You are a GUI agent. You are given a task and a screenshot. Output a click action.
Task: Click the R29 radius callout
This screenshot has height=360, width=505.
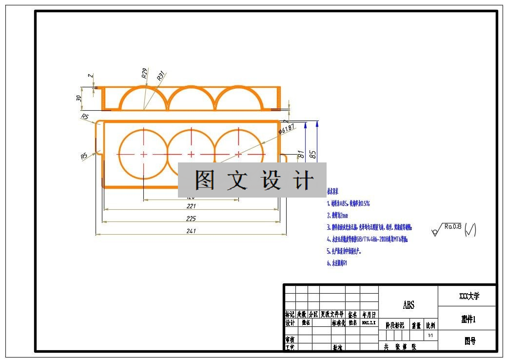145,73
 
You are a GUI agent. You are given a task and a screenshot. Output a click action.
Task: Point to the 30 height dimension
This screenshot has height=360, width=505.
79,98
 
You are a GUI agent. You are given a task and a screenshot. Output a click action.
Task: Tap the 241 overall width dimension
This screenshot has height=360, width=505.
191,231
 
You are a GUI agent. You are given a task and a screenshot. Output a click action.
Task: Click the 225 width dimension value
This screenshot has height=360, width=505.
191,219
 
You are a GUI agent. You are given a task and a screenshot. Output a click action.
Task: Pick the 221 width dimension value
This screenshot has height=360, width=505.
191,206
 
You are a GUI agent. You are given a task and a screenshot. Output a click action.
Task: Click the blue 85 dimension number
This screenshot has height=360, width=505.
313,155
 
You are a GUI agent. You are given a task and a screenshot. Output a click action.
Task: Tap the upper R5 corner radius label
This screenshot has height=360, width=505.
85,117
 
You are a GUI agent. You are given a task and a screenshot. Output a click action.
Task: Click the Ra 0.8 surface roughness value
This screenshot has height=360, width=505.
453,226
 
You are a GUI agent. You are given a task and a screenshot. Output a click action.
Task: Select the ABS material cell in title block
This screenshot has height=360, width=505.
408,305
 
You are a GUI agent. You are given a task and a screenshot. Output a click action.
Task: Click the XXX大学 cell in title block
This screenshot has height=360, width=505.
469,296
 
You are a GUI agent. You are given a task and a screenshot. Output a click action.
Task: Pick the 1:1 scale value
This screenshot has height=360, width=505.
430,336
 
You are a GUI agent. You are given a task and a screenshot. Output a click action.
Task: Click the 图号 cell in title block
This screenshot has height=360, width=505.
469,341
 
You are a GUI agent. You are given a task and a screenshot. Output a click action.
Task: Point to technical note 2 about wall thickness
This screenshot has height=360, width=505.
337,215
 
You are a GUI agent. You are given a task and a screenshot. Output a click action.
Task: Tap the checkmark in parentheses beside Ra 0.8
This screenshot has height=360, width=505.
470,229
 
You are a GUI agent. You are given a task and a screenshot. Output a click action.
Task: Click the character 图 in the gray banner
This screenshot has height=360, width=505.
205,180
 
